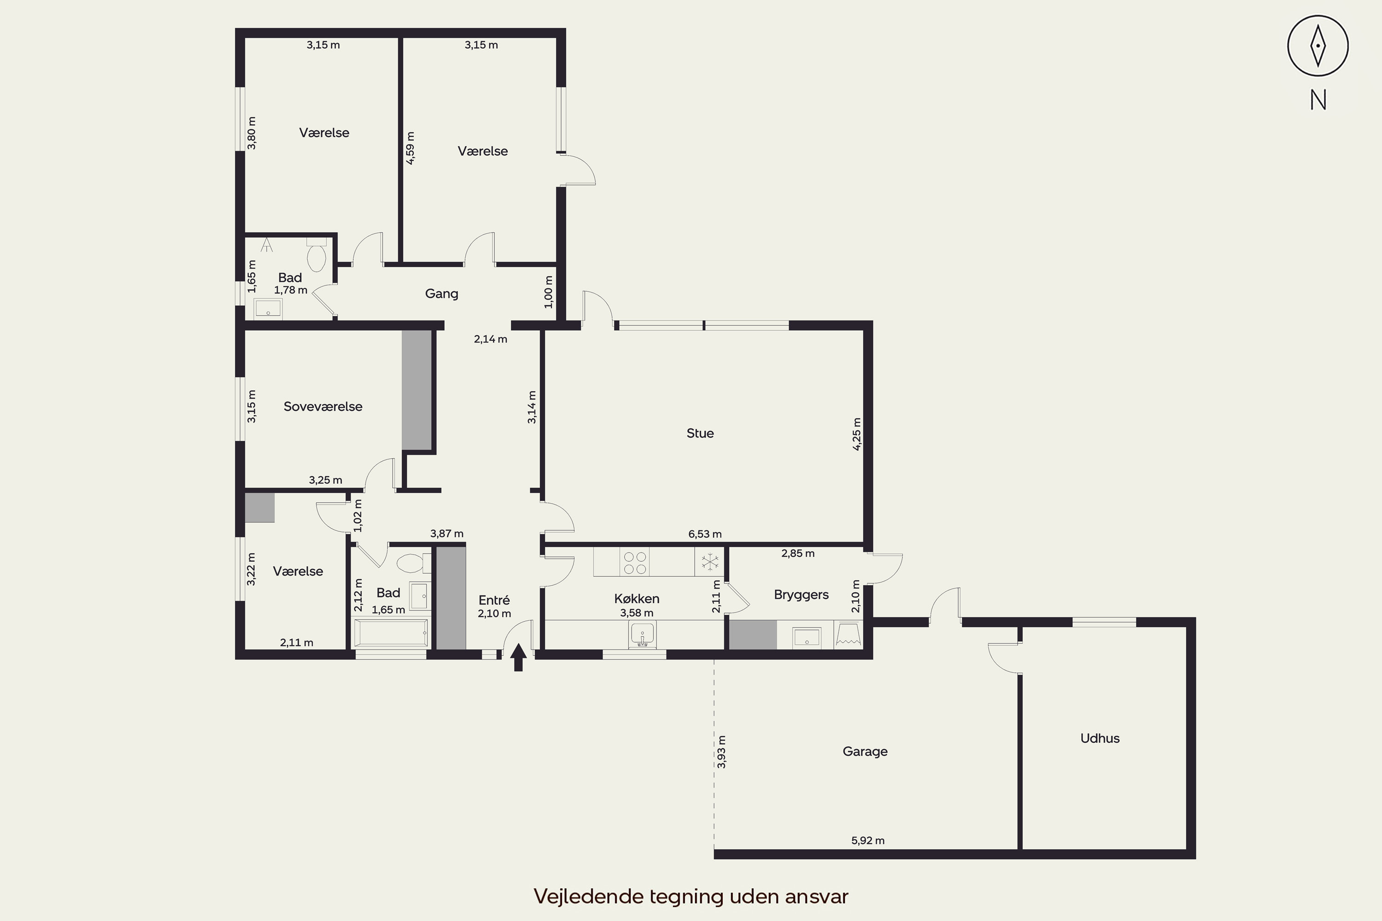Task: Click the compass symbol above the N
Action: point(1318,46)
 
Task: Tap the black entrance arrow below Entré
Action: point(518,657)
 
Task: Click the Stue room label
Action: point(700,433)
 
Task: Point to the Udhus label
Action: point(1100,738)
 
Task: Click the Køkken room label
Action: point(637,599)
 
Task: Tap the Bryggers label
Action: point(802,595)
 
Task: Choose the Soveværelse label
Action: point(323,407)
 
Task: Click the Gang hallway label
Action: point(442,294)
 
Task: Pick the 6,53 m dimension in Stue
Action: point(705,534)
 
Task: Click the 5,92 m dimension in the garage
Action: point(868,840)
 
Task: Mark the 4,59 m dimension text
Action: point(410,148)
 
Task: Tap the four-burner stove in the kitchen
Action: point(635,562)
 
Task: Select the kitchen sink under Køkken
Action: point(642,635)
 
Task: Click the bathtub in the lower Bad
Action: point(390,633)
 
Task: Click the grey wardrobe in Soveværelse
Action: point(416,390)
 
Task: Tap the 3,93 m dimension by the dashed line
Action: point(721,752)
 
